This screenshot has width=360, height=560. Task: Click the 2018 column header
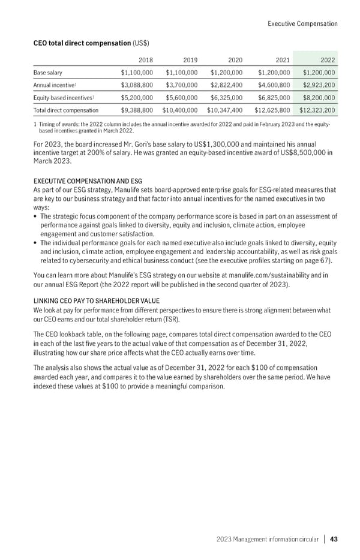click(145, 60)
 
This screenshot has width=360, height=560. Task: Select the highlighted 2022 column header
click(327, 60)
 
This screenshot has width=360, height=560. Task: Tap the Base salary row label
click(48, 73)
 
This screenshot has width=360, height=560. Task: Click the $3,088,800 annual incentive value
click(137, 85)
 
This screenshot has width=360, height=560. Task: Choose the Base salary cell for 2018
click(137, 73)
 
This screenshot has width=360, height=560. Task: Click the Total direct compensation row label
click(65, 110)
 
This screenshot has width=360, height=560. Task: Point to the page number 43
click(333, 539)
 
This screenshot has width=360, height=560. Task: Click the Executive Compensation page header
click(302, 24)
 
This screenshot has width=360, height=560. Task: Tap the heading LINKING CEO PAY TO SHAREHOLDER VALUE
click(100, 300)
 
